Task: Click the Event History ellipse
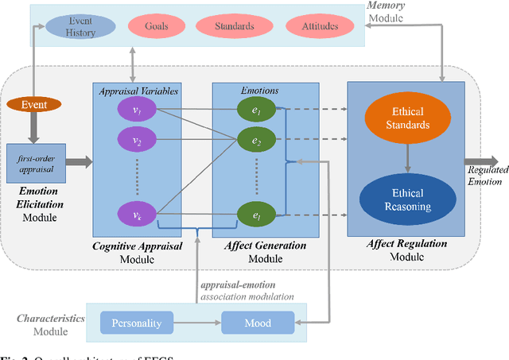[x=81, y=26]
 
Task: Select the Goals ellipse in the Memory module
[x=156, y=26]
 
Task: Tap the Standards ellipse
[x=234, y=26]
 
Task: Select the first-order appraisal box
[x=34, y=163]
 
